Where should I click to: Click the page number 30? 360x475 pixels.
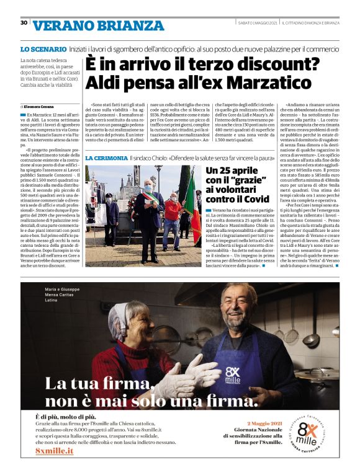point(24,22)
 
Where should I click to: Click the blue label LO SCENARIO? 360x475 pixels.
point(43,48)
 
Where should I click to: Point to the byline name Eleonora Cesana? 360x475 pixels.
point(40,107)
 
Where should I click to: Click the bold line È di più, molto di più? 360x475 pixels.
point(65,418)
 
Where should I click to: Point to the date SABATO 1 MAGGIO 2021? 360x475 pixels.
point(258,23)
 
